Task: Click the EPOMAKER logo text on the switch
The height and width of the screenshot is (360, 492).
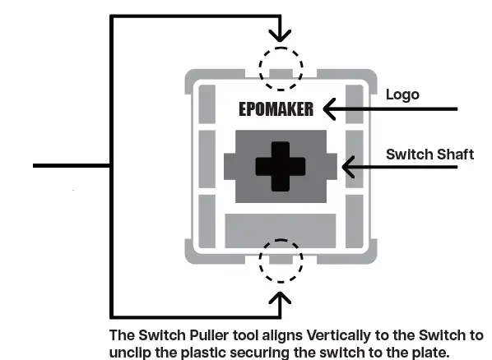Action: [x=276, y=108]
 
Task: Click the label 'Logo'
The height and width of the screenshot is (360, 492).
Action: [x=402, y=95]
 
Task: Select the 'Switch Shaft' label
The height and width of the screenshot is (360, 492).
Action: [x=429, y=154]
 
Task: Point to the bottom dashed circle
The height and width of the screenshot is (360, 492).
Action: [x=281, y=261]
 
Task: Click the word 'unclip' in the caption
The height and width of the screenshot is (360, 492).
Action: [x=131, y=351]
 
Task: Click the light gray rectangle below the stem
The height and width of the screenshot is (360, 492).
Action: [x=280, y=226]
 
